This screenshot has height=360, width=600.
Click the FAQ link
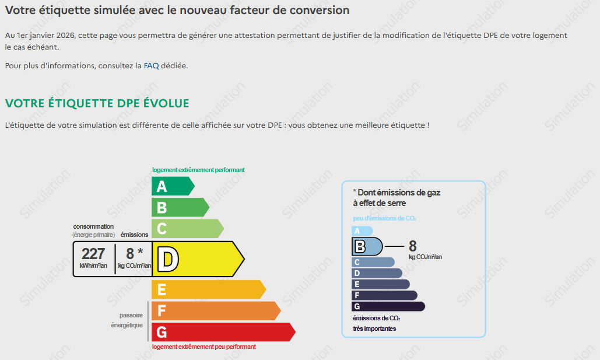point(151,65)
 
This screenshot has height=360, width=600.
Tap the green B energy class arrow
point(180,207)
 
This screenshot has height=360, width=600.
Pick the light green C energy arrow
point(188,229)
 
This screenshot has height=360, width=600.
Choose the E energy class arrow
point(209,289)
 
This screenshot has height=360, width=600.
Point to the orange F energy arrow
point(216,310)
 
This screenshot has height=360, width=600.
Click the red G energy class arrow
point(223,331)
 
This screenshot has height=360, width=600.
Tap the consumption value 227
point(93,254)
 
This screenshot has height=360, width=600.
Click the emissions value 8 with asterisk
point(134,253)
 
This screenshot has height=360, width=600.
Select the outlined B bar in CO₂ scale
point(367,247)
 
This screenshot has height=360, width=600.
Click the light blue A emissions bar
point(362,231)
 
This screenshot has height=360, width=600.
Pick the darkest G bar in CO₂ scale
point(388,306)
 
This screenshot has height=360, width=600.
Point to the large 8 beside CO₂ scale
point(412,246)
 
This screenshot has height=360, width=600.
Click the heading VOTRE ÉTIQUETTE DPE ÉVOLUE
point(97,103)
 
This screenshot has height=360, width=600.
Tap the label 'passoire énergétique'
point(127,320)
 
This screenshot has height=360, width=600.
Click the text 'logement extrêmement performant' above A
point(198,170)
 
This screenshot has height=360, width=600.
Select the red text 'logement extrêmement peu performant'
point(204,347)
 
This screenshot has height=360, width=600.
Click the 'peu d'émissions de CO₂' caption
point(385,218)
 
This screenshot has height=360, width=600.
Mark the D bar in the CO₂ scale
point(377,273)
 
